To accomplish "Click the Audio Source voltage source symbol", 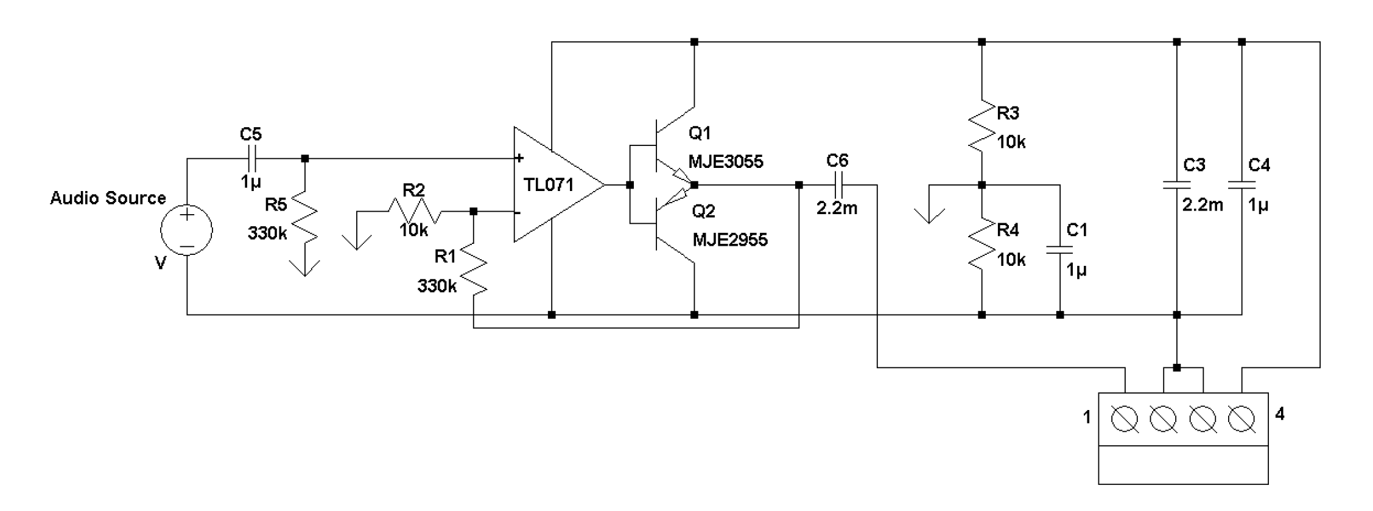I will pos(186,231).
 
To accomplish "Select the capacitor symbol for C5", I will pos(251,159).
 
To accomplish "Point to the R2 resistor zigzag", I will pos(414,212).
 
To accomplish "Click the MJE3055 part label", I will pos(725,162).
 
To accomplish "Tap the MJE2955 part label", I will pos(730,240).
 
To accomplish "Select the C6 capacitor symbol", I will pos(837,184).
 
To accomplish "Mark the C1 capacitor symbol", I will pos(1060,249).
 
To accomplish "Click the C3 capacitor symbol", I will pos(1177,184).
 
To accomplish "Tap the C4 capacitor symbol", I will pos(1242,184).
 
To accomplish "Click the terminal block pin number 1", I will pos(1087,418).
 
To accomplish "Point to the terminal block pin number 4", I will pos(1280,415).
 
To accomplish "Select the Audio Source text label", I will pos(108,198).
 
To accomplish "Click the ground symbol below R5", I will pos(304,268).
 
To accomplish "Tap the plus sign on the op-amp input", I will pos(519,159).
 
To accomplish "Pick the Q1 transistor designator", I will pos(700,133).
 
